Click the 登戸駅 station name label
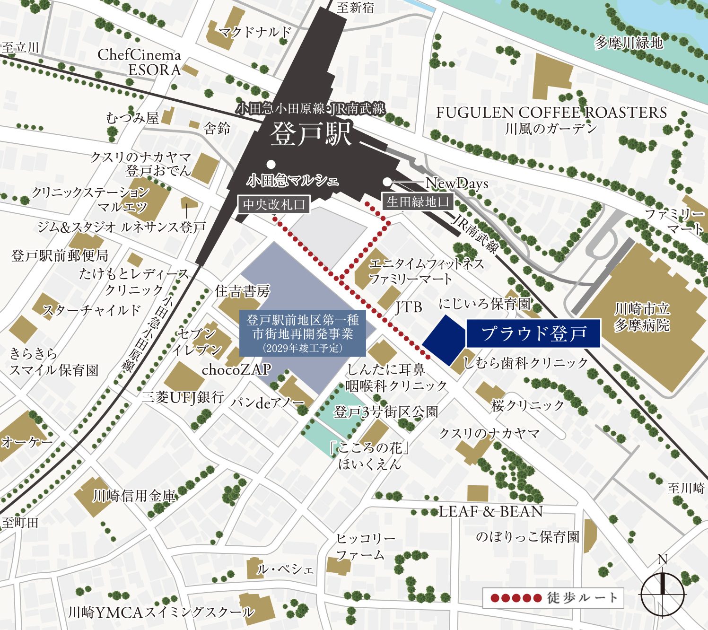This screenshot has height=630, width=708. click(x=311, y=134)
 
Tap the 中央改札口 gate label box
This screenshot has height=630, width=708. click(x=274, y=204)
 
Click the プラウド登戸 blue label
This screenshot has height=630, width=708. click(x=533, y=333)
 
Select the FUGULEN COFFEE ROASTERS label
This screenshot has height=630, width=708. click(x=551, y=113)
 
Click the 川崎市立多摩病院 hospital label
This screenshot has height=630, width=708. click(x=642, y=317)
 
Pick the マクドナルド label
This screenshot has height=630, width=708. click(x=255, y=32)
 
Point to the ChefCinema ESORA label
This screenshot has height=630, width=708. click(x=140, y=62)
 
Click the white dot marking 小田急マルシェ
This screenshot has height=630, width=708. click(x=271, y=164)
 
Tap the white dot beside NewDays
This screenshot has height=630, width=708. click(x=387, y=182)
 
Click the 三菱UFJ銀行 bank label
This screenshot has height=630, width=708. click(x=183, y=397)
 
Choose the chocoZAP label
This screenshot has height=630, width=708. click(x=236, y=369)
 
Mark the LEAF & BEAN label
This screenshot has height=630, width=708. click(x=490, y=511)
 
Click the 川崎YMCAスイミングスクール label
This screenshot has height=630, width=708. click(x=161, y=612)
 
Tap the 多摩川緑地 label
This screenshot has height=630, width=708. click(x=629, y=43)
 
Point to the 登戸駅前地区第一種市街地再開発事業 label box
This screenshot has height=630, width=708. click(x=302, y=333)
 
